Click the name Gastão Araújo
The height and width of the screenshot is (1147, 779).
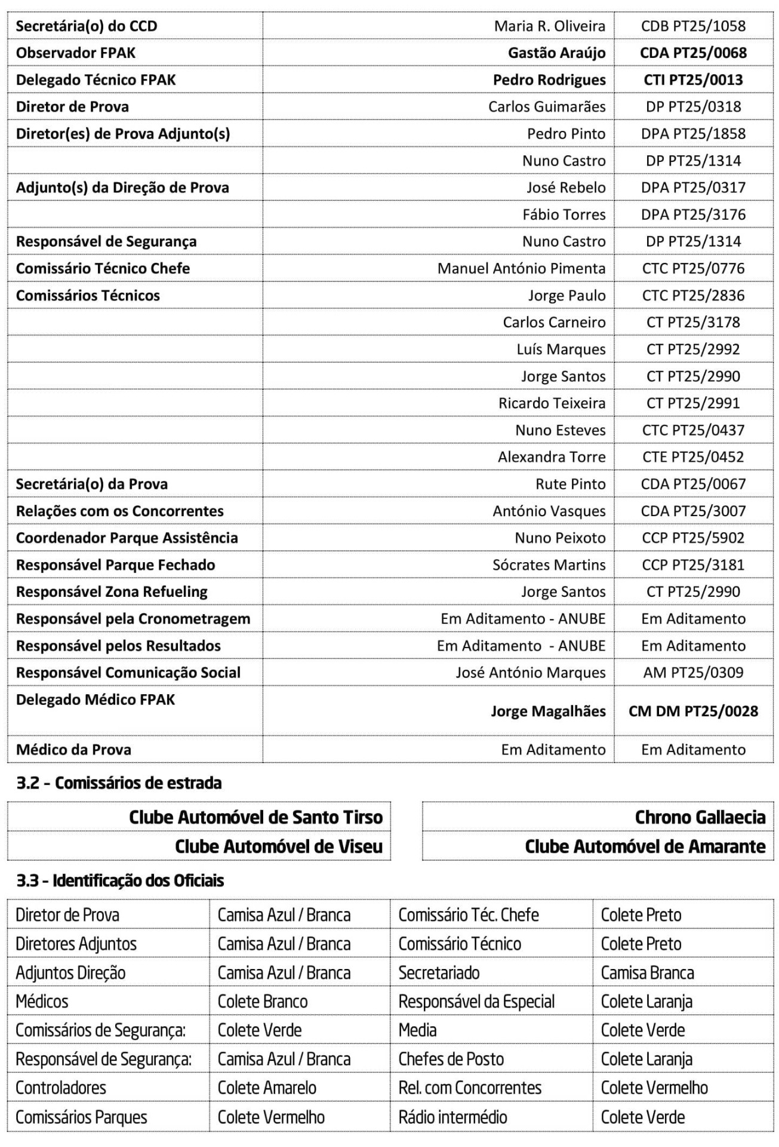point(556,53)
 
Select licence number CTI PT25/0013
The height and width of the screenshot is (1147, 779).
point(693,79)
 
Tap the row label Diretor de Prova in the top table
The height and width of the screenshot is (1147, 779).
point(72,106)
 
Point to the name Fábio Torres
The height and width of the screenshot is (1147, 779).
point(564,214)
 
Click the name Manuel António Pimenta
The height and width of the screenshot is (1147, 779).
point(521,268)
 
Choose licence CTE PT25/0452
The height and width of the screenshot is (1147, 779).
point(693,457)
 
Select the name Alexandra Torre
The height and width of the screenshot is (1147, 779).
point(552,457)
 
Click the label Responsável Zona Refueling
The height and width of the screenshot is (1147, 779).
point(112,591)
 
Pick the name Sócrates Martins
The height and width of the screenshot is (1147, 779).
point(549,565)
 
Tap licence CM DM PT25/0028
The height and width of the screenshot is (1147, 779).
point(693,711)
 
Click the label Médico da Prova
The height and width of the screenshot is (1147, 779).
point(73,749)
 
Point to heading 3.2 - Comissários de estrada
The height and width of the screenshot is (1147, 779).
point(119,783)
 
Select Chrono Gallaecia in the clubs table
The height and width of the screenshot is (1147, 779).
point(700,817)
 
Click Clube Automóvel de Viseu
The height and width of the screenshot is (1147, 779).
point(278,846)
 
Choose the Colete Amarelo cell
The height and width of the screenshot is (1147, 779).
point(267,1087)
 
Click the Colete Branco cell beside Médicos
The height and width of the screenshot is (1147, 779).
point(263,1001)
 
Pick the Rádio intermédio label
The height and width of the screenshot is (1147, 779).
point(452,1117)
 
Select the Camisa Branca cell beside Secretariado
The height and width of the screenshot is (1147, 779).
point(647,973)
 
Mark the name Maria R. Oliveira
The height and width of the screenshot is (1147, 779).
point(549,26)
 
